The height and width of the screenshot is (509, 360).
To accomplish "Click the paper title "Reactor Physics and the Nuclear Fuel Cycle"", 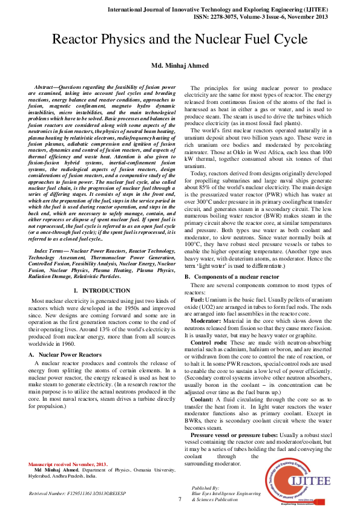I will click(180, 41).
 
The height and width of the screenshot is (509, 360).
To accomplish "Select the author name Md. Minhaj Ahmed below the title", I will click(180, 65).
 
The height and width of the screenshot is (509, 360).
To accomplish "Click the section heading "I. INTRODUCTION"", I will click(97, 291).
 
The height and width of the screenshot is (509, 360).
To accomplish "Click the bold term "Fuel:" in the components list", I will click(197, 300).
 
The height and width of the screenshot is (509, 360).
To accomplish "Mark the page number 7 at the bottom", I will click(180, 499).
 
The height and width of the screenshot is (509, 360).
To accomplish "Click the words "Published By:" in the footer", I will click(205, 487).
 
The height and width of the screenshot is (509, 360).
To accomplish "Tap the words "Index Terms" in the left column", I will click(49, 250).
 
